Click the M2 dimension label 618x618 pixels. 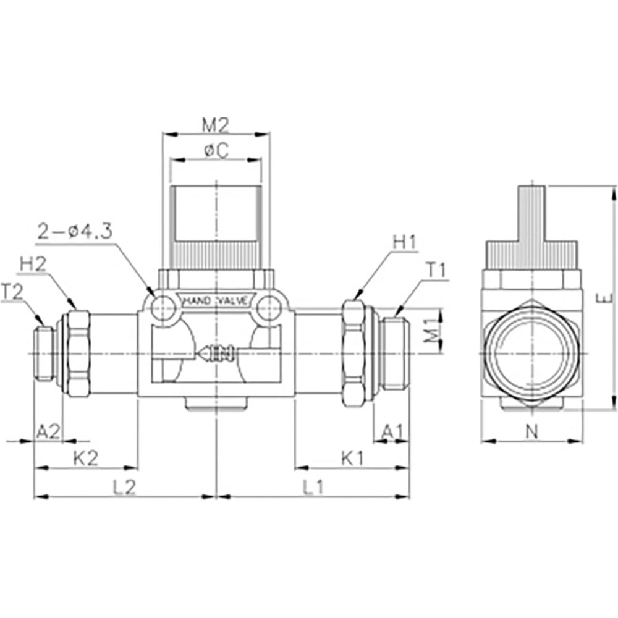[216, 125]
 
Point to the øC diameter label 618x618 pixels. [216, 151]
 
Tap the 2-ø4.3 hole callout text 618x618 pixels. [75, 232]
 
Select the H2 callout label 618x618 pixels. [33, 265]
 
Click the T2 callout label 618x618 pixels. [12, 292]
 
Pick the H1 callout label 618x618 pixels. [404, 243]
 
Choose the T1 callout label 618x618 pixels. [436, 271]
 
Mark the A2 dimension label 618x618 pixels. [48, 433]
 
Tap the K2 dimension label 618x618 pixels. [85, 459]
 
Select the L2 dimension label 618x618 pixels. [125, 488]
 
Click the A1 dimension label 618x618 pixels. [393, 433]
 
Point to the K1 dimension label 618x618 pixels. [353, 459]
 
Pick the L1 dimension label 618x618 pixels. [313, 488]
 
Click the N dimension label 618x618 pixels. [532, 433]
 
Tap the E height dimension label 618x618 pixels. [609, 298]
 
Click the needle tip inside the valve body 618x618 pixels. [198, 352]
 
